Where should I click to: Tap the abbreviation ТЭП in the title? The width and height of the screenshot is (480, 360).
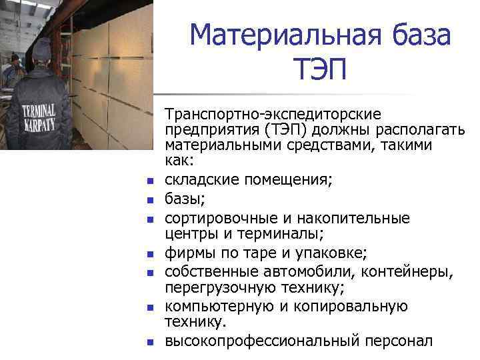click(x=319, y=69)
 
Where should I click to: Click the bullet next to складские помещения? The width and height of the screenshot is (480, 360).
click(x=151, y=181)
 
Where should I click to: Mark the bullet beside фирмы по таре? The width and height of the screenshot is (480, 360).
click(x=151, y=254)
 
